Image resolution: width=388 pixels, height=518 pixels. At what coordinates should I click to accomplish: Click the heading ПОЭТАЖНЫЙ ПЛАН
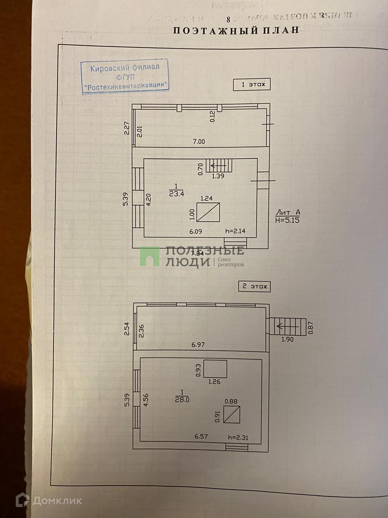[x=236, y=30]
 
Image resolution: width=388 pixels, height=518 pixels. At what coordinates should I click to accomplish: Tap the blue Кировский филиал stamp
[x=125, y=77]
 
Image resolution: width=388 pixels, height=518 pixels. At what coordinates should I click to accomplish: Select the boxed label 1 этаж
[x=251, y=85]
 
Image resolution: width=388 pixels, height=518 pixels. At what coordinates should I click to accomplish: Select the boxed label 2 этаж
[x=254, y=287]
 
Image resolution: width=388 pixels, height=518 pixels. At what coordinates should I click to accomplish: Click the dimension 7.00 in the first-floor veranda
[x=198, y=142]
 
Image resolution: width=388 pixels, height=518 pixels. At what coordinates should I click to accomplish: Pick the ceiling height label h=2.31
[x=238, y=437]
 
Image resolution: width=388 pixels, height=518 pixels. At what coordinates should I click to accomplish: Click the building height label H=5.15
[x=288, y=220]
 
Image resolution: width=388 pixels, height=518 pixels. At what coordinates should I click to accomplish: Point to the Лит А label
[x=288, y=212]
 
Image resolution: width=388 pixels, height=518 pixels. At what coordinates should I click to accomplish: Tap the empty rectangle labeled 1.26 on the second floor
[x=215, y=369]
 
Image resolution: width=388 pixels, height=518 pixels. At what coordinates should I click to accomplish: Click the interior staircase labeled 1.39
[x=219, y=166]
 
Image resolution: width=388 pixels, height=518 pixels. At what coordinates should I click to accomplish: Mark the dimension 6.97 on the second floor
[x=199, y=345]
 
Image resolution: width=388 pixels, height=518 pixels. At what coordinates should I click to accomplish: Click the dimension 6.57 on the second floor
[x=201, y=436]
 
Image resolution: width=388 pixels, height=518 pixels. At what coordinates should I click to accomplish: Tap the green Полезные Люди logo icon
[x=150, y=256]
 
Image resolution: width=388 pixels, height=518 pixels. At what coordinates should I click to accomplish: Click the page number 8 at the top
[x=228, y=19]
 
